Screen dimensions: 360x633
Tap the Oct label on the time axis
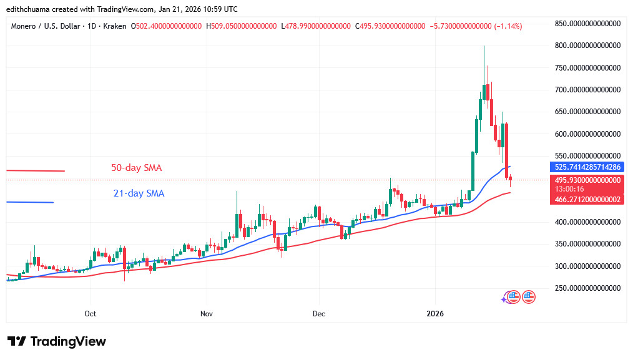coord(91,313)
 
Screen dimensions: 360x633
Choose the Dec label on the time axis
coord(318,313)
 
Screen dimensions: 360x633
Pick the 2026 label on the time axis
coord(435,313)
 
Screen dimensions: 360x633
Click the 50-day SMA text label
coord(137,168)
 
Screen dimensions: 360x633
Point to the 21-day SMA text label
coord(139,193)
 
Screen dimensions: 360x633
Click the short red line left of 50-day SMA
coord(36,170)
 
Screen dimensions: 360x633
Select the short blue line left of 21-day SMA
coord(30,202)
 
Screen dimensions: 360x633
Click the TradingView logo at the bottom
coord(57,341)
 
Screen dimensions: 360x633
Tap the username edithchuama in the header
coord(29,9)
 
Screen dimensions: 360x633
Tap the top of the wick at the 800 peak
coord(484,46)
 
